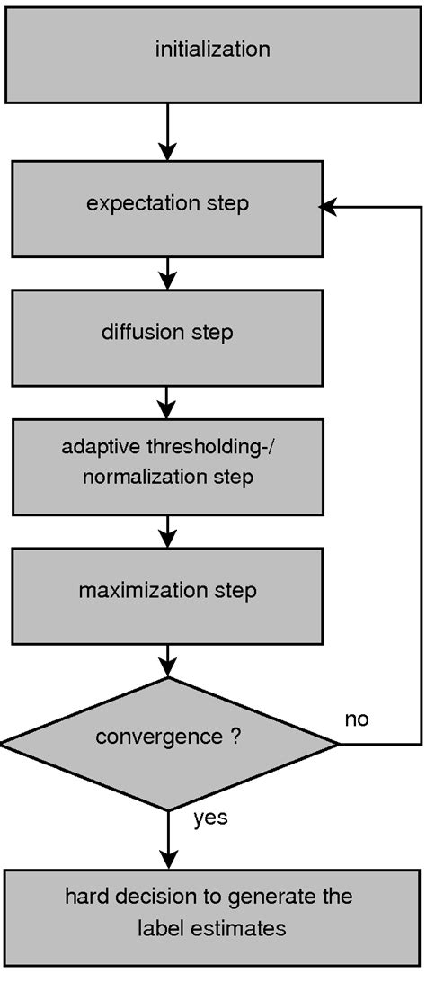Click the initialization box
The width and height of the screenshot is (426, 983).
pos(212,49)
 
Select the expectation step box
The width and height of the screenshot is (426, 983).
pos(167,204)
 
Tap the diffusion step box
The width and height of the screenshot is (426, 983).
pos(167,334)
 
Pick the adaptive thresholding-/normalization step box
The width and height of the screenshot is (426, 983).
pos(167,462)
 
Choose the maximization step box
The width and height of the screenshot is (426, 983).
pos(167,592)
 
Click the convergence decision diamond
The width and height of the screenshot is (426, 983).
pos(169,742)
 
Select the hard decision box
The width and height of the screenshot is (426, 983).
pos(212,911)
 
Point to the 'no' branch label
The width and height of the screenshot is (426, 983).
pos(357,719)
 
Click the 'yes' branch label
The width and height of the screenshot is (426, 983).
pos(210,818)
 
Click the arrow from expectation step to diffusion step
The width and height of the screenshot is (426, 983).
pos(168,273)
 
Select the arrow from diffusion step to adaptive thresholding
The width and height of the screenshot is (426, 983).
pos(168,401)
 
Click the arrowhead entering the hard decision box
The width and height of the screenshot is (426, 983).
pos(168,860)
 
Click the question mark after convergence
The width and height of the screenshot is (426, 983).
pos(235,737)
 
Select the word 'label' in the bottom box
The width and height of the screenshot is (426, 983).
pos(158,928)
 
